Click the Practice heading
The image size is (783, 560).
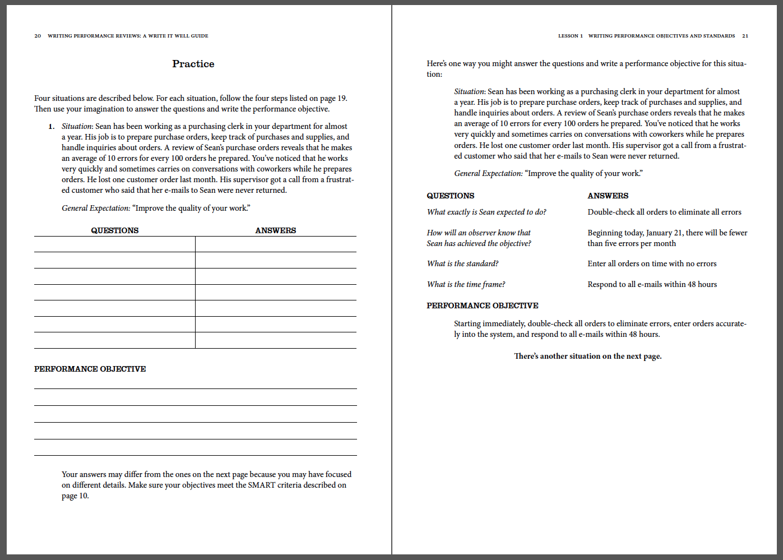pos(193,64)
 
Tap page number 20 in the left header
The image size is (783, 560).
pos(38,36)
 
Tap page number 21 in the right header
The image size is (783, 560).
pos(745,36)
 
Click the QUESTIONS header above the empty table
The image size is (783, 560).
pos(114,230)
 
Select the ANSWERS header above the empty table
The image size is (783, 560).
pos(275,230)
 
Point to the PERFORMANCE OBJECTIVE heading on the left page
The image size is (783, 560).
pos(90,369)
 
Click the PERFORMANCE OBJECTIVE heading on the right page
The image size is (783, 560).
pos(482,306)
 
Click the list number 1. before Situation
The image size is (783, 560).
pos(51,127)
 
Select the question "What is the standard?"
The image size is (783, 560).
pos(462,263)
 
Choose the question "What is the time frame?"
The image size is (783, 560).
pos(466,284)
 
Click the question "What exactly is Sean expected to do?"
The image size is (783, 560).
pos(487,212)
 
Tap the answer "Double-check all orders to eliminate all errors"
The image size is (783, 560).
pos(664,212)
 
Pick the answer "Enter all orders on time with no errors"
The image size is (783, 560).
pos(652,263)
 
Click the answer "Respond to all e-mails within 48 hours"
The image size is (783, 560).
pos(652,284)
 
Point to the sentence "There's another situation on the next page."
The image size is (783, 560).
pos(587,356)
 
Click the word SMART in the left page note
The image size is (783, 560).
pos(261,485)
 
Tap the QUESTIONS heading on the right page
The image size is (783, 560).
pos(450,196)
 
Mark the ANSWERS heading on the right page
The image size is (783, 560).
pos(608,196)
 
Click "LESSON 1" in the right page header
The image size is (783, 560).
pos(570,36)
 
